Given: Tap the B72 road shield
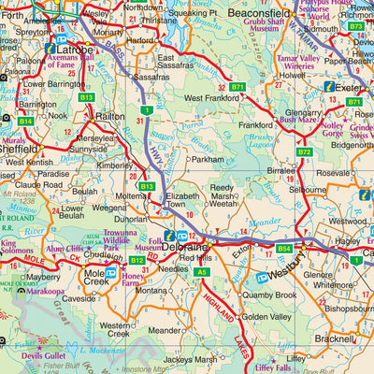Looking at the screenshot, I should [304, 151].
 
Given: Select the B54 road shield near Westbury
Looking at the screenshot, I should [284, 249].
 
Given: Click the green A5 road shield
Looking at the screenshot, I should [202, 271].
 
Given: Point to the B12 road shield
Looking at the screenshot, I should [137, 260].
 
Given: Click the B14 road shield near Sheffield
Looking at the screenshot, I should [25, 122].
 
